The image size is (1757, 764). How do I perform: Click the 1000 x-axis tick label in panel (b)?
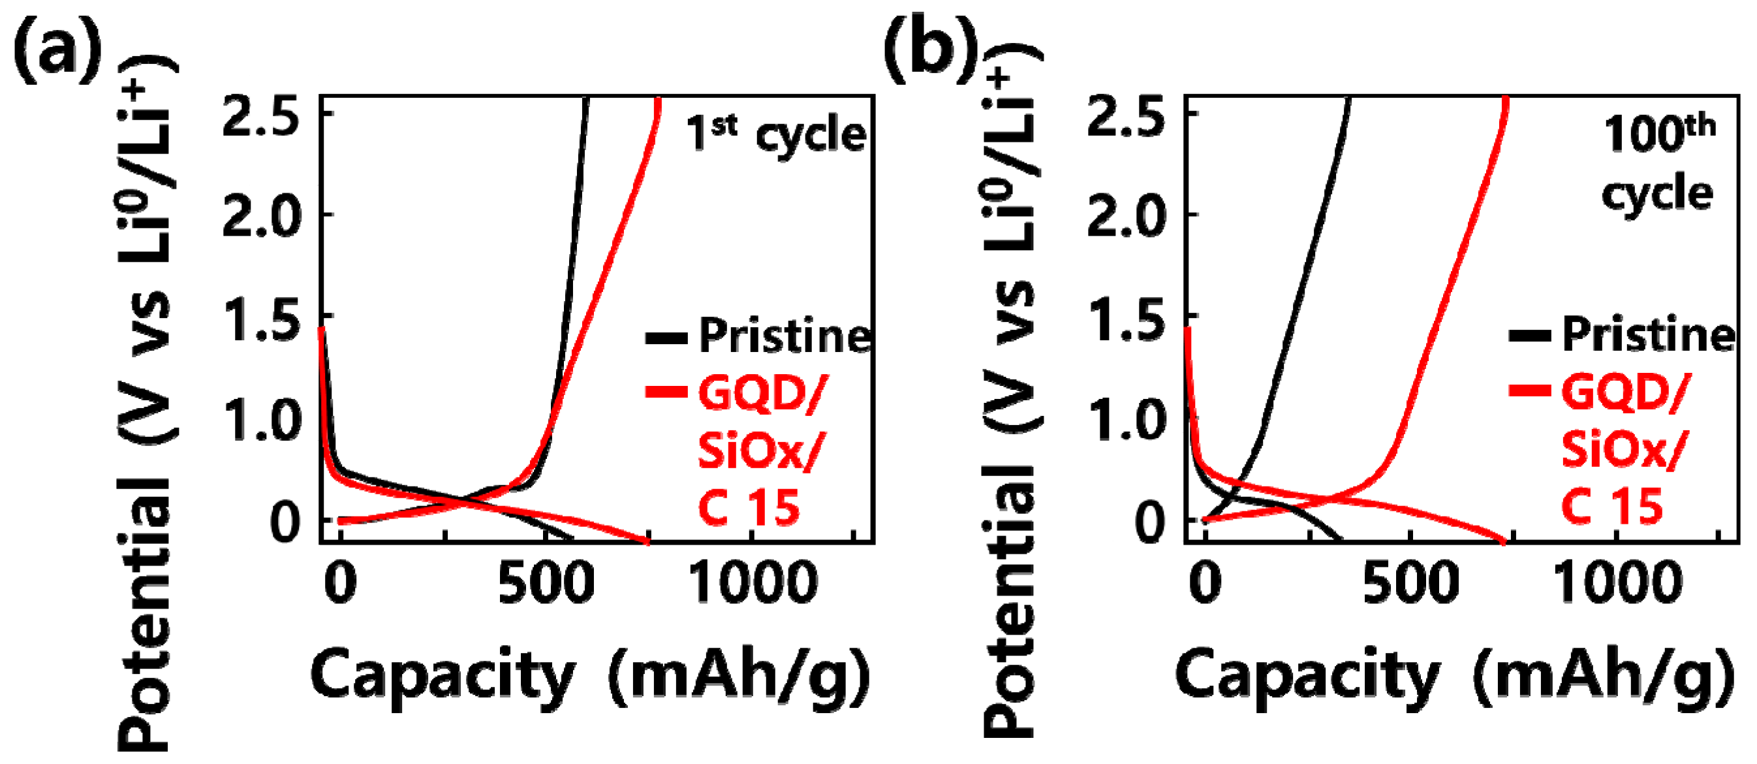coord(1617,584)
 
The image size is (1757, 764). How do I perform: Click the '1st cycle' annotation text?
coord(776,134)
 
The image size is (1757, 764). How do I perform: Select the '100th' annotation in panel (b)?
coord(1659,134)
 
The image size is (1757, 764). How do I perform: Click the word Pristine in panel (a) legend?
coord(785,336)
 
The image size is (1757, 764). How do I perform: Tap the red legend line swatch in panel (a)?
coord(666,392)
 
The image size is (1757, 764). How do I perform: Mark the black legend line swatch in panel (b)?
coord(1530,336)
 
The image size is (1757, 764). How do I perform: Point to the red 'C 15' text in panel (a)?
coord(749,507)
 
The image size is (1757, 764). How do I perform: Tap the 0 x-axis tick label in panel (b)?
coord(1205,584)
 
